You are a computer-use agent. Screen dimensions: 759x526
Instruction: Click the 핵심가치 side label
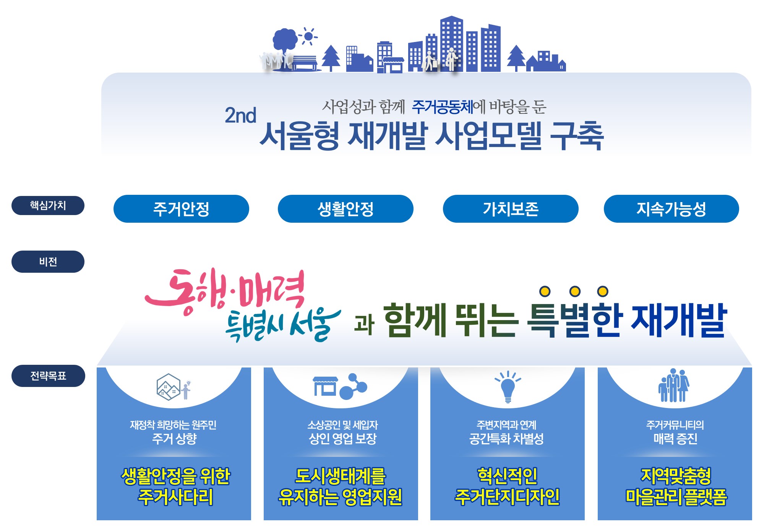(48, 206)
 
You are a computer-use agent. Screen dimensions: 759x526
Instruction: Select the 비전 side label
(48, 262)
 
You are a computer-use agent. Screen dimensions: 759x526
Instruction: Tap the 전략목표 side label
(48, 376)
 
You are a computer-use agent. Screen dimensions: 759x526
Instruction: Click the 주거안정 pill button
(181, 209)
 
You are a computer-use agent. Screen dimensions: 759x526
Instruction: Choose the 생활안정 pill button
(345, 209)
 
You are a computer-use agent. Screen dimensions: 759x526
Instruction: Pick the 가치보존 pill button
(511, 209)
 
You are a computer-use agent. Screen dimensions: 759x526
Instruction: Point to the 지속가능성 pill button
(671, 209)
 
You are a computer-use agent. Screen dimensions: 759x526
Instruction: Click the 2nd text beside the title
(240, 115)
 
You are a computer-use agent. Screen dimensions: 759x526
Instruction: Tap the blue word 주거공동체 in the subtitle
(442, 107)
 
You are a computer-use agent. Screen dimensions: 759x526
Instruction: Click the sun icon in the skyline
(308, 37)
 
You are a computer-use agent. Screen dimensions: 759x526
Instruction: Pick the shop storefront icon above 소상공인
(325, 386)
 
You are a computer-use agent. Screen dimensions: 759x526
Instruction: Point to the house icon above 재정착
(169, 387)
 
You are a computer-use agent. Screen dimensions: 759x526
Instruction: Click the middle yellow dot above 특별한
(575, 291)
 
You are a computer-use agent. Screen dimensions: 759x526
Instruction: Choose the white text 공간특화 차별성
(506, 439)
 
